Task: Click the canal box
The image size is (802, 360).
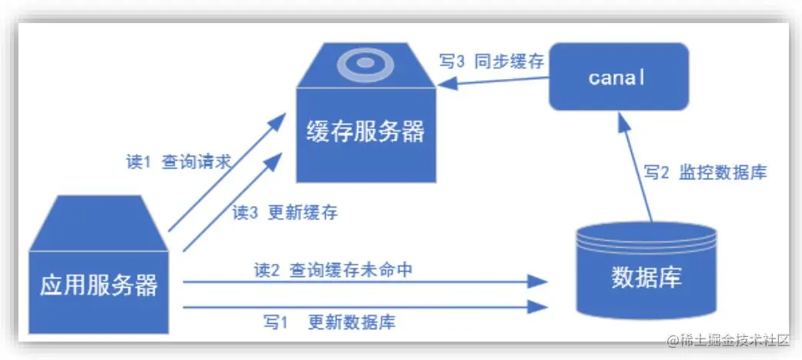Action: [x=618, y=76]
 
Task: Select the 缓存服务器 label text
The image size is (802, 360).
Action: [x=366, y=132]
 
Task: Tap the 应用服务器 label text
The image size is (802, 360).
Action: [x=99, y=285]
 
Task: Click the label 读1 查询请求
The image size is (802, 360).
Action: [x=179, y=162]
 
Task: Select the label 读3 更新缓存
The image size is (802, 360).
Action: [x=285, y=212]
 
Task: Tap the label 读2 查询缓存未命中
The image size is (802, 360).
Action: [x=339, y=270]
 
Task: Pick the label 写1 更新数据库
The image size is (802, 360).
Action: [x=329, y=322]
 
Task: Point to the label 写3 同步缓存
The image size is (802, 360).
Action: [x=492, y=62]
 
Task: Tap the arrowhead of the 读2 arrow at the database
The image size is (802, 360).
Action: [x=540, y=282]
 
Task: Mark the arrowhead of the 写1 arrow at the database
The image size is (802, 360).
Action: [x=540, y=307]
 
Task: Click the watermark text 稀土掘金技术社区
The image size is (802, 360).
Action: [x=730, y=339]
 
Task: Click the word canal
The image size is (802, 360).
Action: [x=617, y=77]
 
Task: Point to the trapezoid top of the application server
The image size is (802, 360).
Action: [x=99, y=222]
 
